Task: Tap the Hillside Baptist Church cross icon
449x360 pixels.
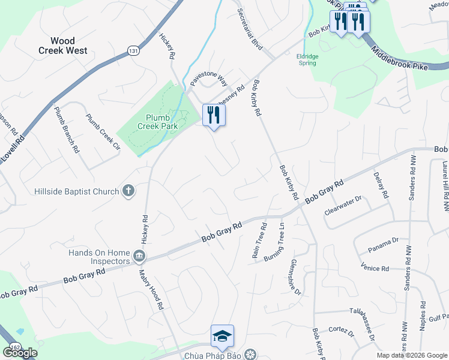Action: pyautogui.click(x=128, y=191)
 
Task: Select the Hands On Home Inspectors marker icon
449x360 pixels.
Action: pyautogui.click(x=139, y=256)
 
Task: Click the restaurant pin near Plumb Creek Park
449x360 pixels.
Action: pyautogui.click(x=214, y=114)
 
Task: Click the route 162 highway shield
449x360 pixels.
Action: pyautogui.click(x=15, y=347)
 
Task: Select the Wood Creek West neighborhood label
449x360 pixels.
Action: pyautogui.click(x=62, y=46)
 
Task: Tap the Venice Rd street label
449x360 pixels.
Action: pyautogui.click(x=376, y=267)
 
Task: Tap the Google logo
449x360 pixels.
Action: pyautogui.click(x=20, y=353)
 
